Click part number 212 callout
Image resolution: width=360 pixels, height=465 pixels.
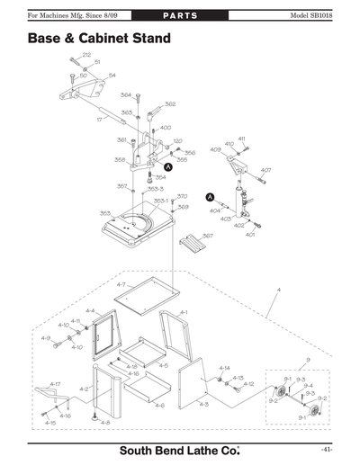pos(86,55)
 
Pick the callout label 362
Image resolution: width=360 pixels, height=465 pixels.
pos(169,104)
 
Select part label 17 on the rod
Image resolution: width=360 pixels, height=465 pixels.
pos(99,118)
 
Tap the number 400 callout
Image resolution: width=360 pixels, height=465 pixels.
pos(166,128)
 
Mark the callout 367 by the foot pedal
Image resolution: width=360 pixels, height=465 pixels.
pos(207,236)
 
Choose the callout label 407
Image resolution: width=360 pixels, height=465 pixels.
pos(265,170)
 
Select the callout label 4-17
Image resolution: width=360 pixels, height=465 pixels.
pos(54,384)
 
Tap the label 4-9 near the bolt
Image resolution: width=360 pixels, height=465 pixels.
pos(45,338)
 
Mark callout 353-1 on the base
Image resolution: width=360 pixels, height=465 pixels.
pos(160,201)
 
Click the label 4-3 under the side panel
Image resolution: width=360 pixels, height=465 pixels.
pos(203,405)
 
